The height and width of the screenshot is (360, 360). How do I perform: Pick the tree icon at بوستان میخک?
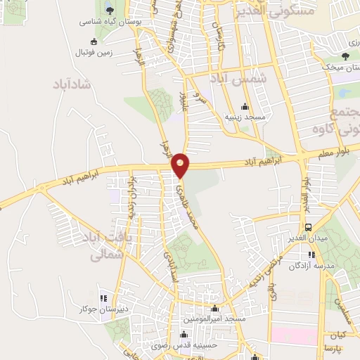click(345, 56)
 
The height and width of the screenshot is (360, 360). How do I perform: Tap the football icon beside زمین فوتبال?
click(75, 52)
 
